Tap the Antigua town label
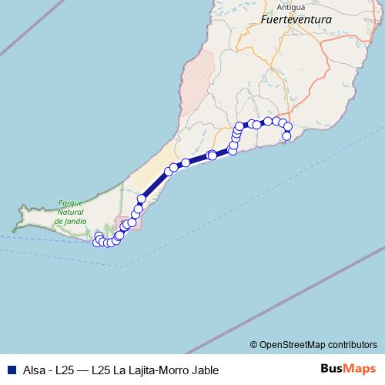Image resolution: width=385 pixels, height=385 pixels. point(274,7)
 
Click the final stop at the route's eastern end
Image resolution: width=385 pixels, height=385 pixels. point(286,136)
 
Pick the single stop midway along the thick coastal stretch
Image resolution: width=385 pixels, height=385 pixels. point(141,199)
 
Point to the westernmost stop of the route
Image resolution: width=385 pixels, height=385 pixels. point(96,243)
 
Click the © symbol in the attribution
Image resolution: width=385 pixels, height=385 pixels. point(253,344)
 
